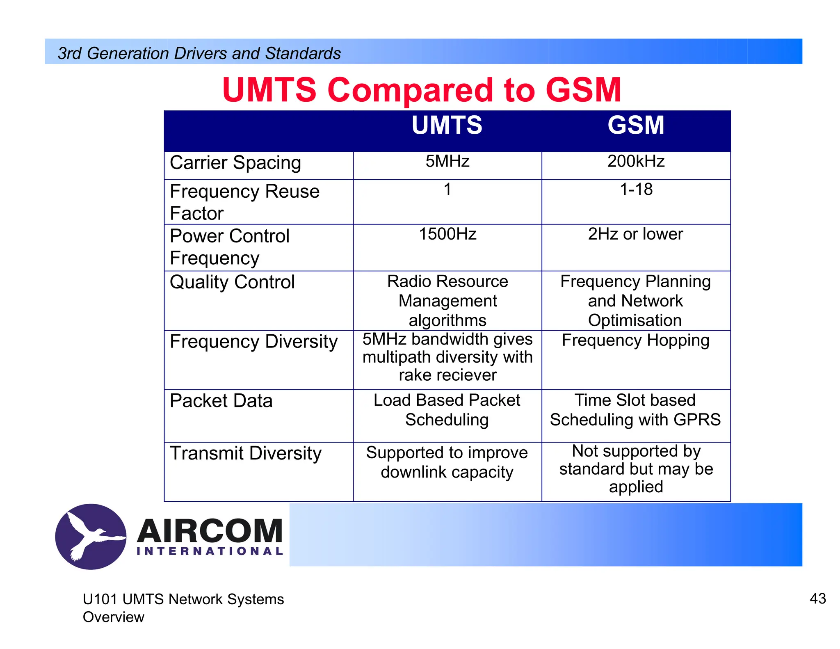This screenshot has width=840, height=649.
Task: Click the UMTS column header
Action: (447, 125)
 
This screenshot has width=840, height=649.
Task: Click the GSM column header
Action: (636, 125)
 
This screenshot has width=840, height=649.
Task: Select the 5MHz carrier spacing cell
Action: (447, 161)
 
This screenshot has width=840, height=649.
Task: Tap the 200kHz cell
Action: (636, 161)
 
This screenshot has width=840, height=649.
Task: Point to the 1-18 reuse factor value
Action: (636, 190)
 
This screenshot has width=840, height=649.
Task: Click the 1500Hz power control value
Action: (447, 234)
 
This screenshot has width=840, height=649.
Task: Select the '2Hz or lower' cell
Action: (635, 234)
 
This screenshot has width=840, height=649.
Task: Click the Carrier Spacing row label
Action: (235, 163)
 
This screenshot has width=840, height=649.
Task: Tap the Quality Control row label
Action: (232, 282)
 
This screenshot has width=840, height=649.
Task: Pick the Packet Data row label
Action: (221, 401)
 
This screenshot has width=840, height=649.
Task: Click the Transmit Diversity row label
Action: (246, 453)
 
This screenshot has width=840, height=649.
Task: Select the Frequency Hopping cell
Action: (635, 340)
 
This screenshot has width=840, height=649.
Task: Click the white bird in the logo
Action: (92, 536)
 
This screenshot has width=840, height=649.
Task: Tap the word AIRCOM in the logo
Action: (210, 531)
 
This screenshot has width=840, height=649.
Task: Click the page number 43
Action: (817, 599)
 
